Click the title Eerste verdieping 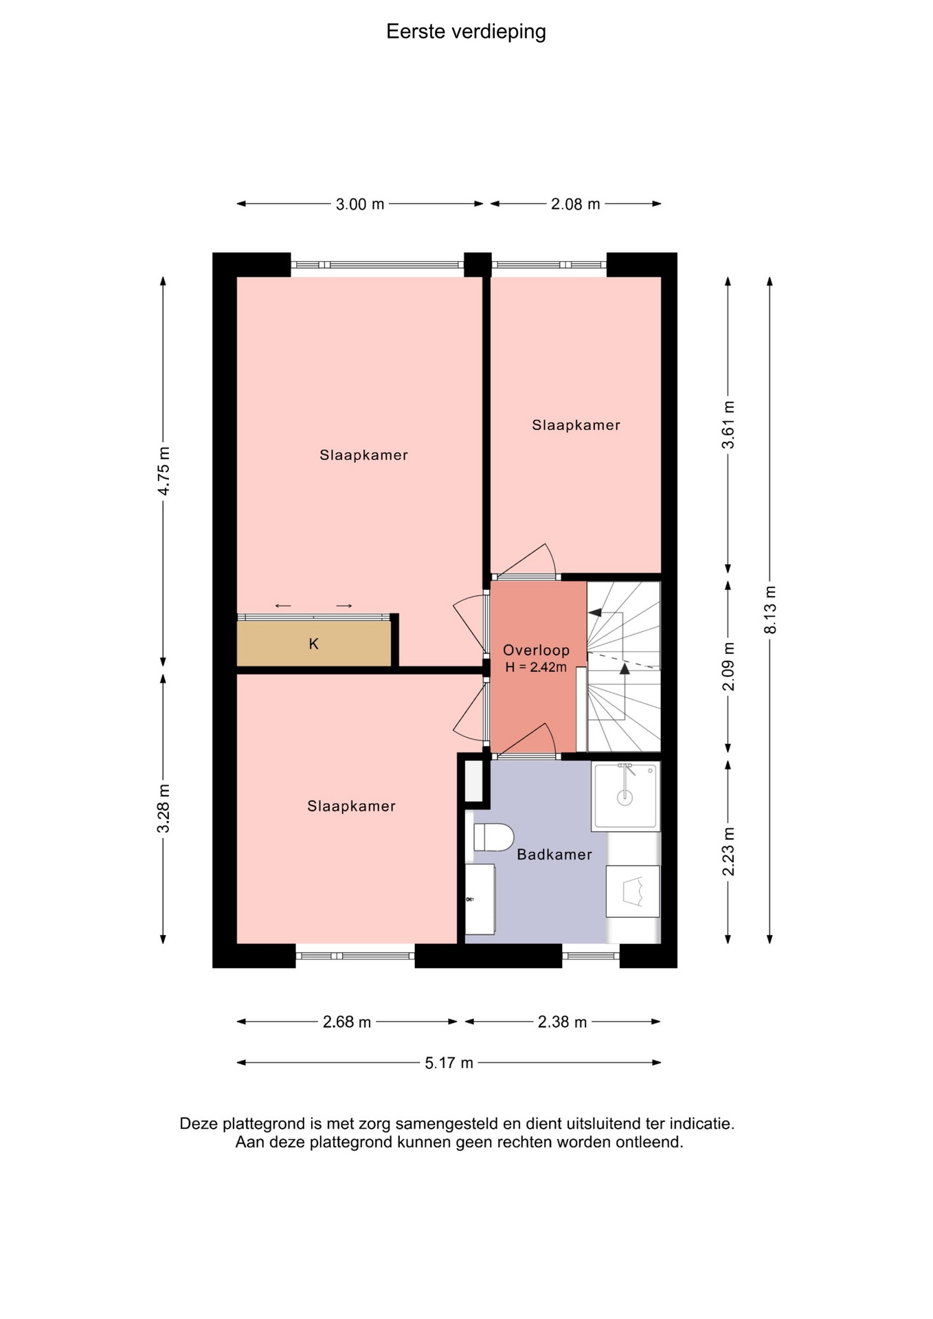(x=466, y=32)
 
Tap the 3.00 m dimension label (x=360, y=204)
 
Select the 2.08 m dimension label (x=576, y=204)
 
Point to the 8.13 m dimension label (x=770, y=610)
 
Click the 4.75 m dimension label (x=164, y=471)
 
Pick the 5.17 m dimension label (x=449, y=1063)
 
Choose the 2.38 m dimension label (x=562, y=1022)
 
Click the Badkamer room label (x=554, y=855)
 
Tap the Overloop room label (x=536, y=650)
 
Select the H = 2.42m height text (x=536, y=667)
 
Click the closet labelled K (x=314, y=644)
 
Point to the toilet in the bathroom (x=493, y=837)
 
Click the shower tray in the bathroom (x=625, y=796)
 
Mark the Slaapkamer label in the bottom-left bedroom (x=351, y=807)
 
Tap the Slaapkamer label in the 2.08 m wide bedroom (x=576, y=425)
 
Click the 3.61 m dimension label (x=728, y=425)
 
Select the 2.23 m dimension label (x=728, y=852)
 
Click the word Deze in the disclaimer (x=199, y=1124)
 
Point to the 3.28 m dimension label (x=164, y=808)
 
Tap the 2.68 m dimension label (x=347, y=1022)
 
